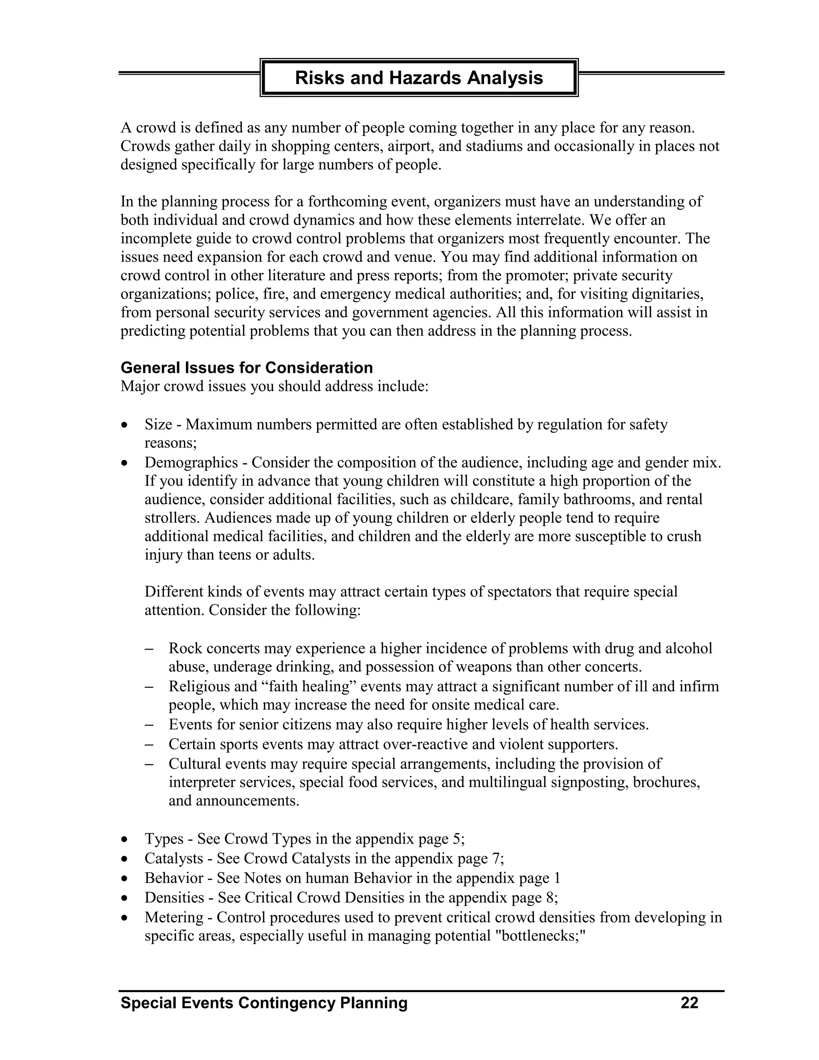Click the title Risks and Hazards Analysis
click(x=419, y=78)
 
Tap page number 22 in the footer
click(x=689, y=1003)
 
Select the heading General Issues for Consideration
click(x=246, y=368)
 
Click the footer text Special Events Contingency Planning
click(x=264, y=1003)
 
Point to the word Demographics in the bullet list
click(x=191, y=462)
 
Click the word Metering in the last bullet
click(x=174, y=917)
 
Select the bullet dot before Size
click(x=125, y=425)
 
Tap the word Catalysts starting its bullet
click(x=174, y=858)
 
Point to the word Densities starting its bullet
click(x=174, y=898)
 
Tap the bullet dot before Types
click(x=125, y=839)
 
